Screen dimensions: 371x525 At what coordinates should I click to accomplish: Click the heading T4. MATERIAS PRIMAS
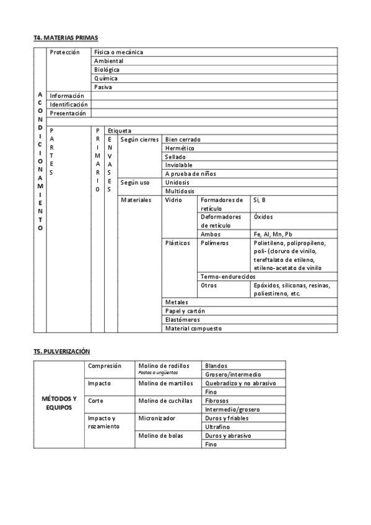(66, 38)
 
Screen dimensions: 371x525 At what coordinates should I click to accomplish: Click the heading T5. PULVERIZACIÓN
(62, 351)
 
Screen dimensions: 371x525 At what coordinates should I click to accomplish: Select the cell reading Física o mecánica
(118, 53)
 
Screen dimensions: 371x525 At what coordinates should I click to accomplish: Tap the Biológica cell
(107, 70)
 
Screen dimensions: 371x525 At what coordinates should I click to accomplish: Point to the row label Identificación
(69, 105)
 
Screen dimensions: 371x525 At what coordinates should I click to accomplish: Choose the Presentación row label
(69, 113)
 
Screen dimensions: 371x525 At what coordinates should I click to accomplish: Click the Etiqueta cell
(120, 131)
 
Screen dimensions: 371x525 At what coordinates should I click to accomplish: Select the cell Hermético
(180, 149)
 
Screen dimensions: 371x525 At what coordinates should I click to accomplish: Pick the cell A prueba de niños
(190, 174)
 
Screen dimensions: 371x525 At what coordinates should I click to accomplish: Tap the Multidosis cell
(180, 191)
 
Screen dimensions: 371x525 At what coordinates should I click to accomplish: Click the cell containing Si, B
(260, 200)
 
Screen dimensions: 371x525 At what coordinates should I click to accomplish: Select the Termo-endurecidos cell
(228, 276)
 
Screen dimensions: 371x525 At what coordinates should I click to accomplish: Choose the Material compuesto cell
(193, 328)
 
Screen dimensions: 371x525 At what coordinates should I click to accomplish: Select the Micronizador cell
(157, 418)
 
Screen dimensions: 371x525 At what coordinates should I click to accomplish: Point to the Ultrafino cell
(217, 427)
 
